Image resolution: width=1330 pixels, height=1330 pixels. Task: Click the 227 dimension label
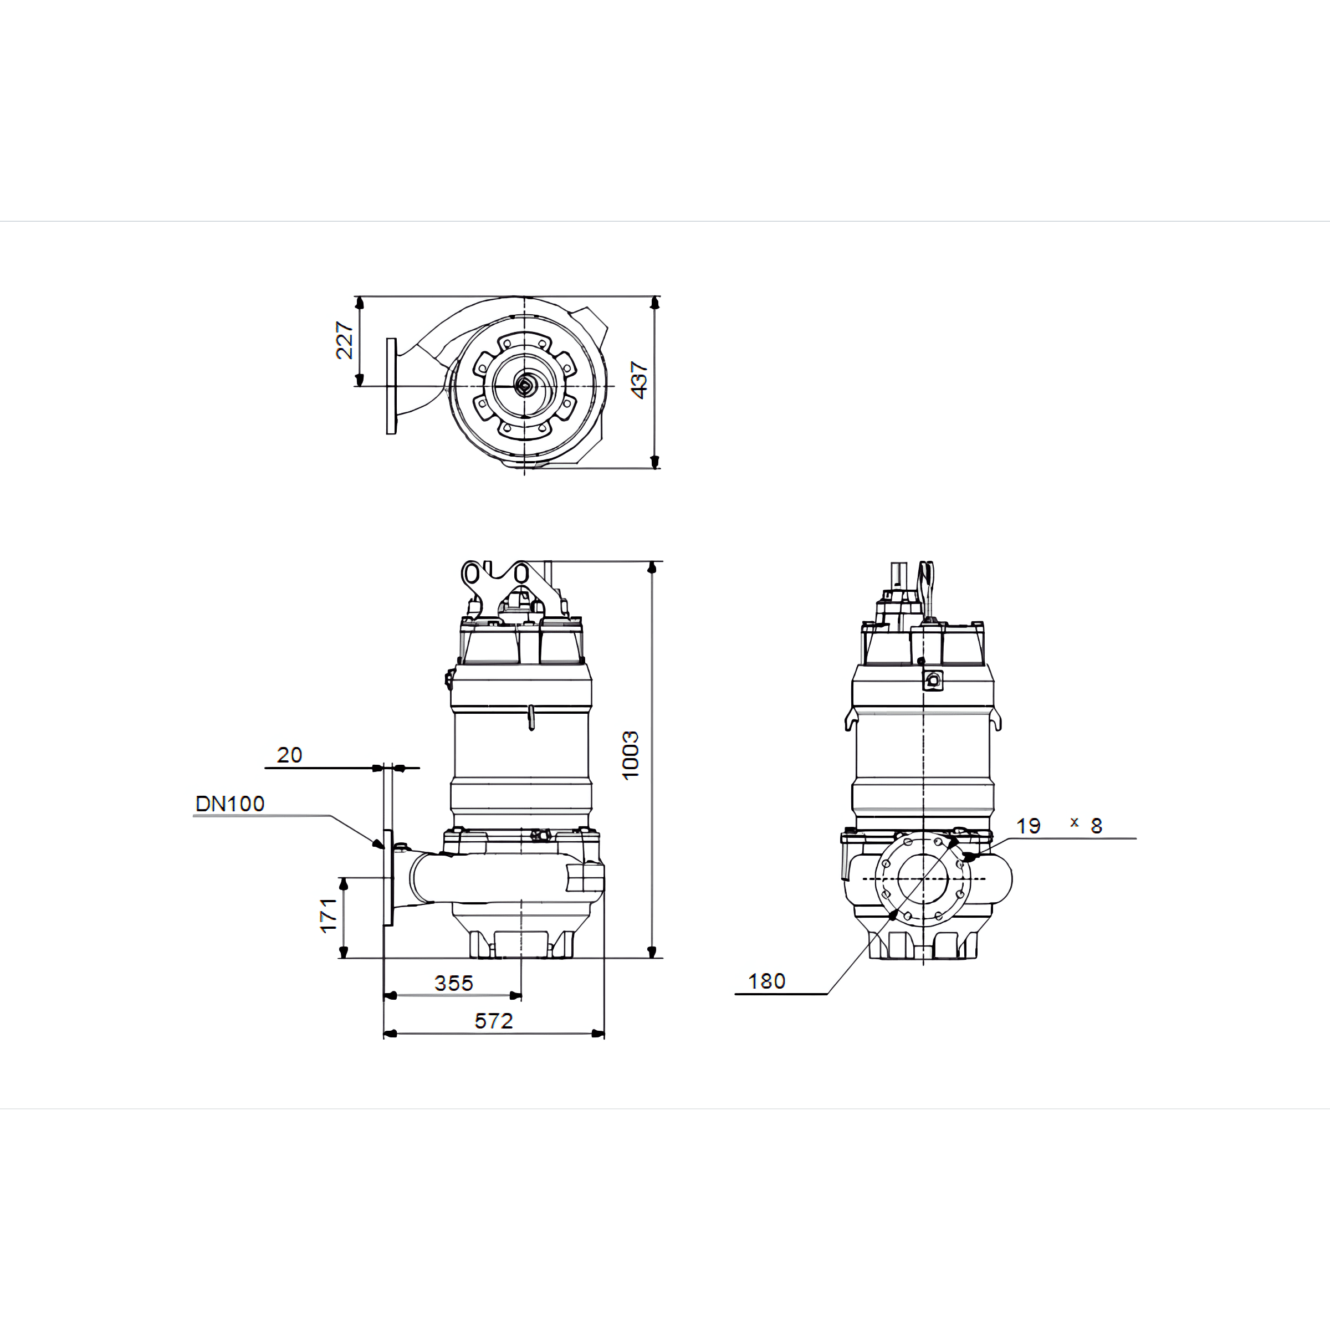(x=344, y=340)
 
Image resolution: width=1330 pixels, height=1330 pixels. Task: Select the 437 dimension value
(x=639, y=380)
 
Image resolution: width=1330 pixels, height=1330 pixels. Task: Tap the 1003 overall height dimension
(x=630, y=755)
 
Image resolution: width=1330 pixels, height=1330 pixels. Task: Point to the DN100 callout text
(x=230, y=804)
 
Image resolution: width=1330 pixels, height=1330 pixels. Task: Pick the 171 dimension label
(x=329, y=915)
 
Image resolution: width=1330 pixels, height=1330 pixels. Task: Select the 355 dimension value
(x=454, y=983)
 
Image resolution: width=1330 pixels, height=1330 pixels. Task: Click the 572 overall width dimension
(x=494, y=1021)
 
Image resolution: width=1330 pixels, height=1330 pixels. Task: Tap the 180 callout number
(x=767, y=981)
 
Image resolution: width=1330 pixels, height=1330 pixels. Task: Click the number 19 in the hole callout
(x=1029, y=826)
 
